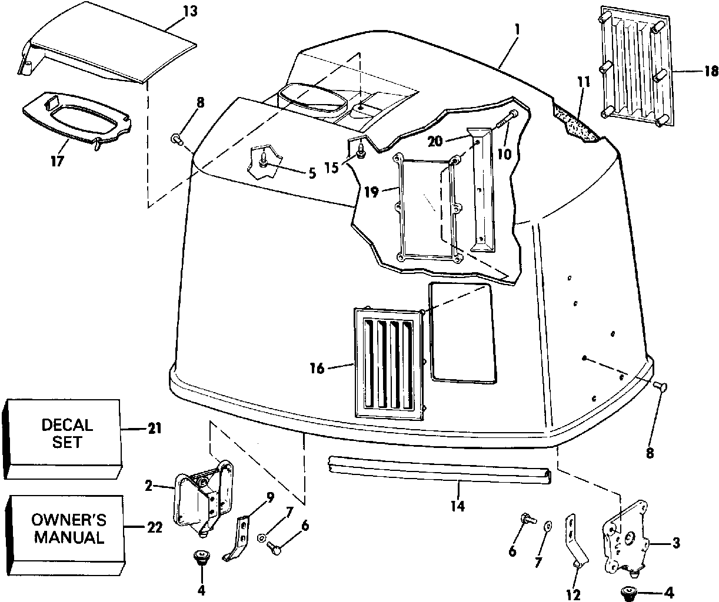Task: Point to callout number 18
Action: pyautogui.click(x=710, y=72)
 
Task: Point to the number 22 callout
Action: pyautogui.click(x=154, y=527)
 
